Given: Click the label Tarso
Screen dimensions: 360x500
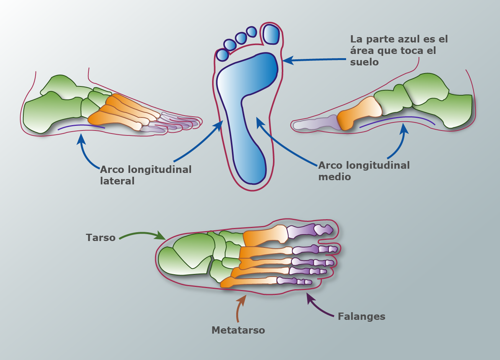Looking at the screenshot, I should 101,238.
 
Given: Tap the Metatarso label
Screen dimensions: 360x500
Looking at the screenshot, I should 238,330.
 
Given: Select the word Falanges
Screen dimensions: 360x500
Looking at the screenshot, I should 361,316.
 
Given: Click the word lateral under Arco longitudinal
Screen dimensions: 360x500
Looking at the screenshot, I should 117,181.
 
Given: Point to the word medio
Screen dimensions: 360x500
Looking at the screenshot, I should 335,177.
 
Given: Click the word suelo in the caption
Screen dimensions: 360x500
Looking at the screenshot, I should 364,62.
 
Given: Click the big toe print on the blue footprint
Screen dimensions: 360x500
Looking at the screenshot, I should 271,34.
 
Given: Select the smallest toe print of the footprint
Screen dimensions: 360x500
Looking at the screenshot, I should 222,55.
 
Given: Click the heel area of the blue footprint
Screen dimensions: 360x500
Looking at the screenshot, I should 251,168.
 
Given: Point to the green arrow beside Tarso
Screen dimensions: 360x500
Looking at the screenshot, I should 142,235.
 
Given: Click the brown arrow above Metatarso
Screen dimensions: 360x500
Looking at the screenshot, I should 240,308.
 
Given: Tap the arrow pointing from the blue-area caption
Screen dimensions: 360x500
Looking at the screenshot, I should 314,60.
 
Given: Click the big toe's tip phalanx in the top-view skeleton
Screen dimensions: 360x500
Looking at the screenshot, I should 324,230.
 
